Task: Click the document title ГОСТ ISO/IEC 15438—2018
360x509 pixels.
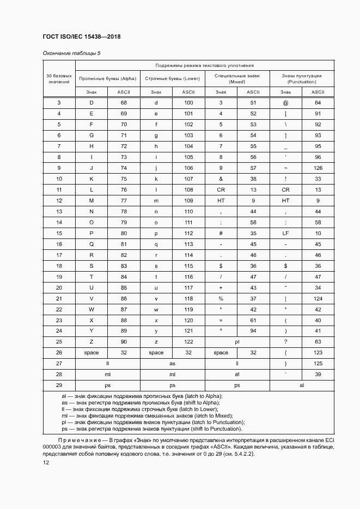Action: (81, 36)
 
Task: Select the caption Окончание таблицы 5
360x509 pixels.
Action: (71, 53)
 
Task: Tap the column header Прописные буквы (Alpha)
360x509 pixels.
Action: (107, 78)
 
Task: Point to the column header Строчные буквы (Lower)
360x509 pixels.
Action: (172, 78)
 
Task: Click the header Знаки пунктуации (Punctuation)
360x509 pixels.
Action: (301, 78)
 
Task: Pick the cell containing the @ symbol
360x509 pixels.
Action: (285, 102)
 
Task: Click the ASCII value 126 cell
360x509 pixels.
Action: (318, 168)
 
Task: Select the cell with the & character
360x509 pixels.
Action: (221, 179)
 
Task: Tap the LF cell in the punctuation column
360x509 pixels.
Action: (285, 233)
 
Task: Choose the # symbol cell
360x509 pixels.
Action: (221, 233)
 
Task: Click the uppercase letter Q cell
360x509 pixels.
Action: (91, 244)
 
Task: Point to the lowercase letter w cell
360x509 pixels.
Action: (156, 309)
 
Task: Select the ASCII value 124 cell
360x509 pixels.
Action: (318, 298)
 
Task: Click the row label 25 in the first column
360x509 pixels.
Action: (59, 341)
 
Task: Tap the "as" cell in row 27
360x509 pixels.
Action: (172, 363)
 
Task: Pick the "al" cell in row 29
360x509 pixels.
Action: (301, 385)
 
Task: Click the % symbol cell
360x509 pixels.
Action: (221, 298)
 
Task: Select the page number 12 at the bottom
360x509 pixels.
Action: (46, 462)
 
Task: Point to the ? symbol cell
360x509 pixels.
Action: (285, 341)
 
